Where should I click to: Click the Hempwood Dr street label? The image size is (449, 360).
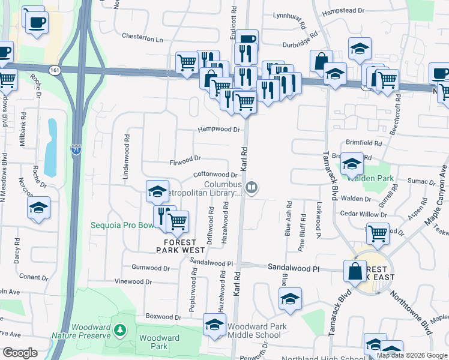pyautogui.click(x=220, y=129)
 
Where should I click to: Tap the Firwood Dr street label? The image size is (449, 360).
pyautogui.click(x=185, y=159)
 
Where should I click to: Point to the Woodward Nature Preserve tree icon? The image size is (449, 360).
pyautogui.click(x=120, y=329)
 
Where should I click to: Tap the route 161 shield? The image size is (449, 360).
pyautogui.click(x=55, y=70)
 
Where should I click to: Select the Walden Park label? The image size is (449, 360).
pyautogui.click(x=378, y=178)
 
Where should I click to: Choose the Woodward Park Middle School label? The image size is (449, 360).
pyautogui.click(x=253, y=331)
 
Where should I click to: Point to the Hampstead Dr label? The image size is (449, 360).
pyautogui.click(x=343, y=11)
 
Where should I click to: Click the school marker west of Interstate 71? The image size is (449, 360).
pyautogui.click(x=39, y=208)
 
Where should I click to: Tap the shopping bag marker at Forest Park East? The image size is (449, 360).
pyautogui.click(x=355, y=271)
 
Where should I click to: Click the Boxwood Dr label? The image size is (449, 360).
pyautogui.click(x=163, y=316)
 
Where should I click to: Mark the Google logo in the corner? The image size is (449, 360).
pyautogui.click(x=20, y=353)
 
